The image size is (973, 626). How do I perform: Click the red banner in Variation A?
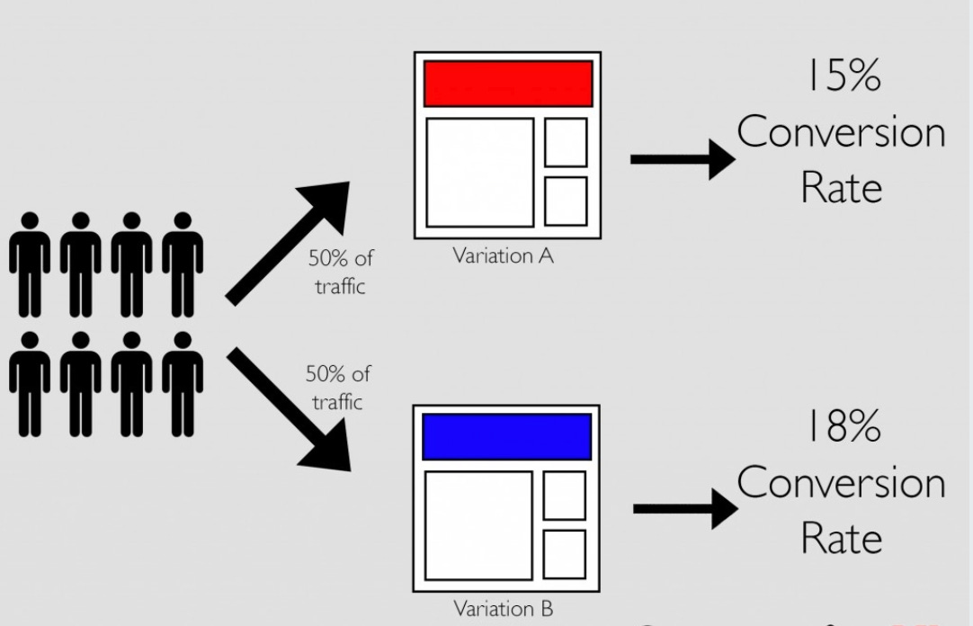coord(508,84)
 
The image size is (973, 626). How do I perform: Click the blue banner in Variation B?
coord(506,436)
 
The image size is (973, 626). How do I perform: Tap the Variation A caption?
coord(504,256)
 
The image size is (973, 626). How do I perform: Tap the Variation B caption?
coord(504,609)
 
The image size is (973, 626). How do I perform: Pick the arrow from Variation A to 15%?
coord(683,159)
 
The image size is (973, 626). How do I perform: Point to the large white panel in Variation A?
coord(479,172)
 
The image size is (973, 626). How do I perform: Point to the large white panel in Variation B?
coord(478,524)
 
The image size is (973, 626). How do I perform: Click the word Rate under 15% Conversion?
coord(841,188)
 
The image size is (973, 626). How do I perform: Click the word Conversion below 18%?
coord(841,484)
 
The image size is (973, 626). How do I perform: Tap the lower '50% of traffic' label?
coord(337,387)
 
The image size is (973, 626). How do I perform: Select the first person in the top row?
coord(31,265)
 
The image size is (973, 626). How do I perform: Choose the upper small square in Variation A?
coord(566,142)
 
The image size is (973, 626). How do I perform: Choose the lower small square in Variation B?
coord(564,554)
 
